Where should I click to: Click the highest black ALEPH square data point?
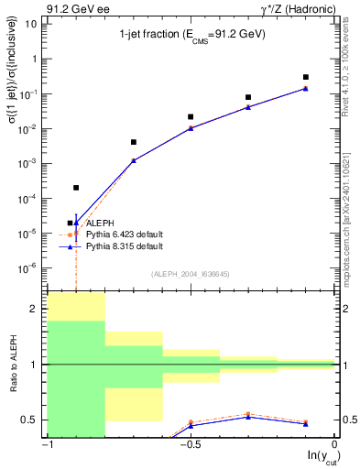306,77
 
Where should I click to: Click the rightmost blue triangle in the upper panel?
306,89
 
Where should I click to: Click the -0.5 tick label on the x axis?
189,445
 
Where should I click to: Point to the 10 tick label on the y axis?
31,24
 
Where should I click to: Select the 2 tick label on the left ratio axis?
36,310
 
